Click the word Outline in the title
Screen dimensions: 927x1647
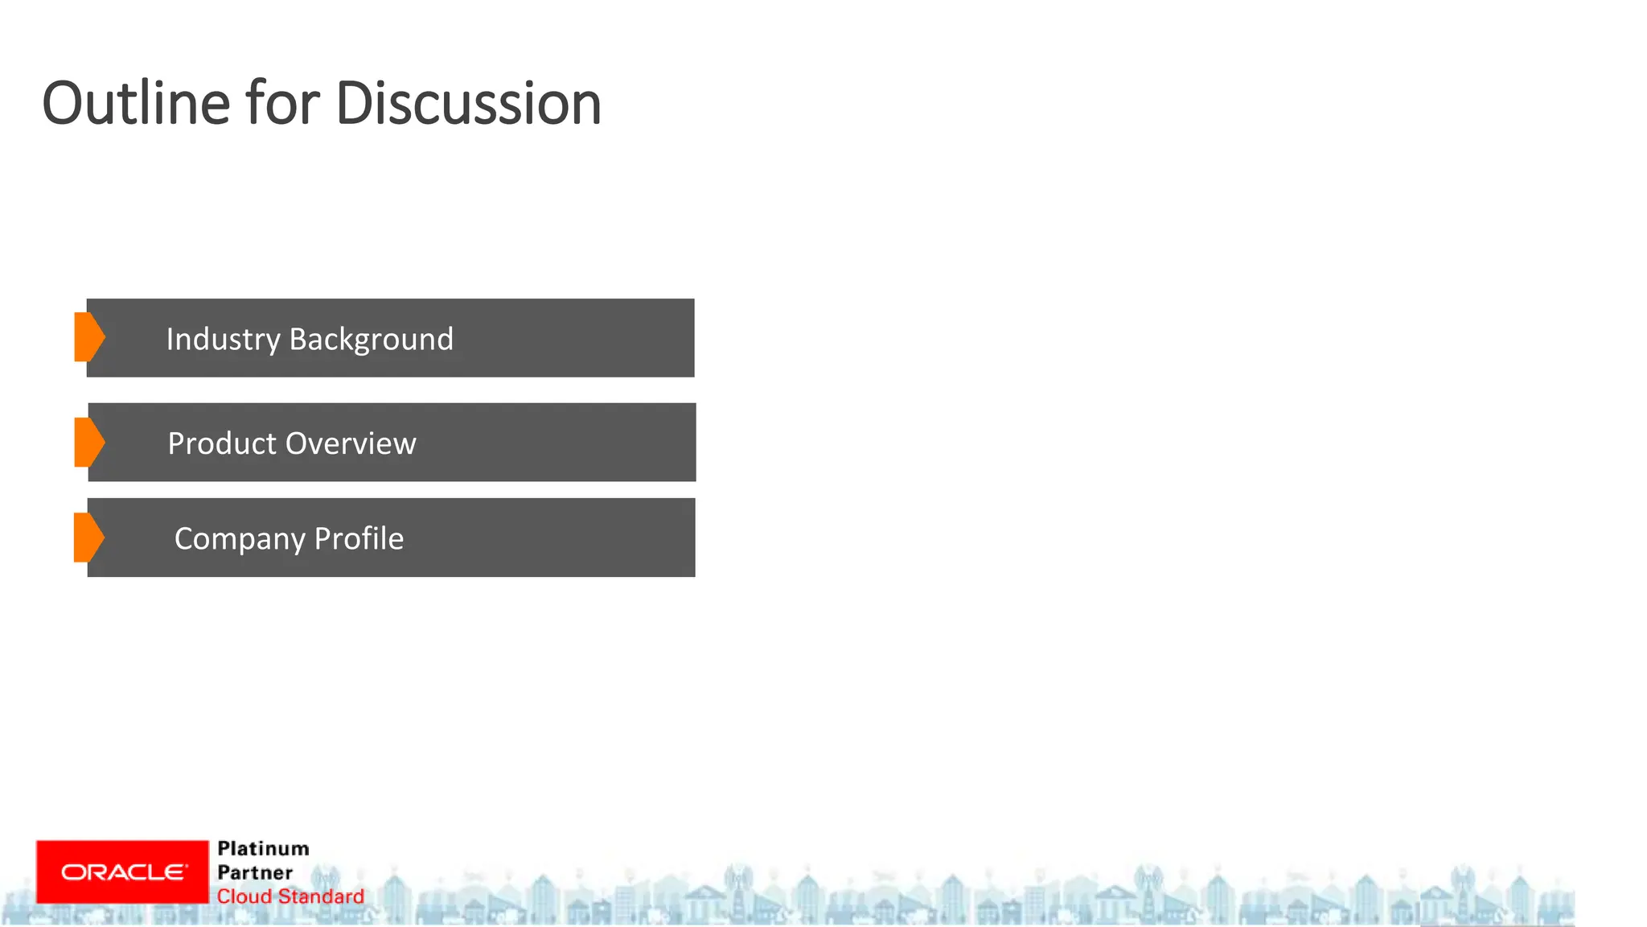pos(136,104)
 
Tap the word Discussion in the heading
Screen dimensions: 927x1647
pos(468,104)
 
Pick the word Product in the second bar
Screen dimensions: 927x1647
pos(222,443)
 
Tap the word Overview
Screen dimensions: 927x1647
pos(351,443)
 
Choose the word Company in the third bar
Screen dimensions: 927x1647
pos(240,539)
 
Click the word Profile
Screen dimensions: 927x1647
pos(359,538)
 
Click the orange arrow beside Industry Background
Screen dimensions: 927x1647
pos(89,337)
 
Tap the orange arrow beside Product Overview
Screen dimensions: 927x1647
pos(89,442)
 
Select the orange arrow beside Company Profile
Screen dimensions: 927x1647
pos(88,537)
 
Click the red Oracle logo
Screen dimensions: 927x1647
pos(122,872)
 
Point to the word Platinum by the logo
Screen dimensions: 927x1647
pos(263,849)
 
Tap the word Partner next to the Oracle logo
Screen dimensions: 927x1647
pos(255,873)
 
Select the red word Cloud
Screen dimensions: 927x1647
pos(244,896)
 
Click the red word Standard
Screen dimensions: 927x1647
pos(321,896)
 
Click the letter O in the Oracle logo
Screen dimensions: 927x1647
pos(71,872)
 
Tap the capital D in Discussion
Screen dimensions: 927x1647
pos(351,104)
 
